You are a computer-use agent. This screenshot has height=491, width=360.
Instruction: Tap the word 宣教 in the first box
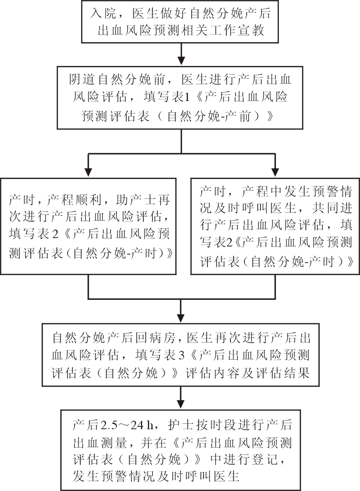point(254,30)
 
